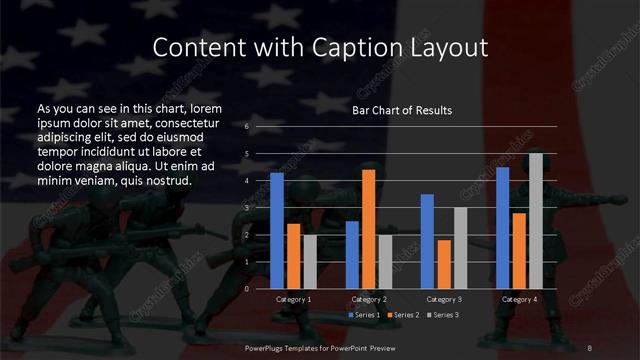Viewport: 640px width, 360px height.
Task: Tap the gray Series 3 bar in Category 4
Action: click(535, 220)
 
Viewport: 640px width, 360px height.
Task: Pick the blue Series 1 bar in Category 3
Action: click(427, 241)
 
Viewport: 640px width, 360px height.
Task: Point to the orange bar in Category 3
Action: click(443, 264)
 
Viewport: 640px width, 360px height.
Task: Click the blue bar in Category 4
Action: click(503, 227)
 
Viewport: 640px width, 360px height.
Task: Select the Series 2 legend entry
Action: click(402, 315)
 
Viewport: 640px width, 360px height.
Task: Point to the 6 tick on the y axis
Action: click(247, 127)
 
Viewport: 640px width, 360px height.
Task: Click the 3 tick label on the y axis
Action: click(247, 208)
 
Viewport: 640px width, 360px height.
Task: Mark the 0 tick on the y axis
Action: click(247, 289)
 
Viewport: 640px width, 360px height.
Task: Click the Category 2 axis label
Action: click(369, 299)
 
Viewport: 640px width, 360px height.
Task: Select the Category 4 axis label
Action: click(519, 299)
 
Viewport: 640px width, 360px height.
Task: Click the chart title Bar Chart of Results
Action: click(402, 110)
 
